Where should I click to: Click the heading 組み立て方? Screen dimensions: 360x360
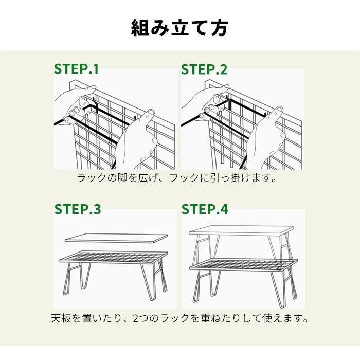[180, 28]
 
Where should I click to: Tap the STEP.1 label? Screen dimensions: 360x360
[76, 69]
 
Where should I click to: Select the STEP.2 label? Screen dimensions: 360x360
[204, 69]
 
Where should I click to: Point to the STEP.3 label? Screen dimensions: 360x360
[78, 209]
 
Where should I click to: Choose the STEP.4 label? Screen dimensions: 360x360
[205, 209]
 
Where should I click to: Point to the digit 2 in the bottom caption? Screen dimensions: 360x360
[136, 318]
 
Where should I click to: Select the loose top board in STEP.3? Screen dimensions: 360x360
[116, 238]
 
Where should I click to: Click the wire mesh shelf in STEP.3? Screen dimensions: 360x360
[114, 257]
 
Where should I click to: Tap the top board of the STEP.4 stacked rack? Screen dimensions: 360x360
[241, 230]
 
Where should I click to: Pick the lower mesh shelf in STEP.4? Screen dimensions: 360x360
[244, 264]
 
